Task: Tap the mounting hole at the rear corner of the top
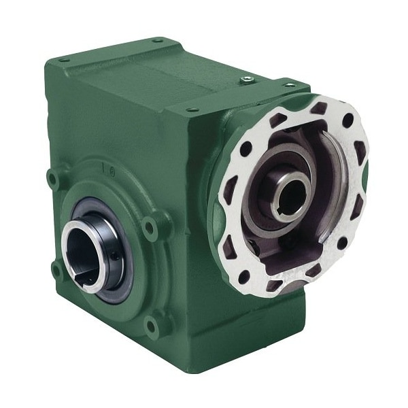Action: [x=158, y=40]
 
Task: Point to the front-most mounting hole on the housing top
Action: [x=193, y=109]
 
